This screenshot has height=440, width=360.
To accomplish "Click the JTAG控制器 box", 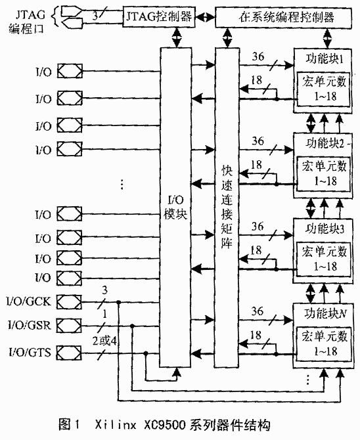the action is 159,17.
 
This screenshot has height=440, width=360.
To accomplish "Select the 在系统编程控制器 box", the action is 283,17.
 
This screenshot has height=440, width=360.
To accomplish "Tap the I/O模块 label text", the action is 175,208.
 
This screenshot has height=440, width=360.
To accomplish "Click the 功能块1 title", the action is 325,59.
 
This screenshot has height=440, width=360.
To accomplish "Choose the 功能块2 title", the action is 325,143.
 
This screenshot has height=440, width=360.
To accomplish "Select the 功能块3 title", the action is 325,229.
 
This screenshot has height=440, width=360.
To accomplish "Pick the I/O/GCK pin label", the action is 29,301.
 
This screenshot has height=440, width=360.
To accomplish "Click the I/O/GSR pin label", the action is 30,326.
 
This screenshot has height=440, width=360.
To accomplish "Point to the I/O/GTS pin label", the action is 30,352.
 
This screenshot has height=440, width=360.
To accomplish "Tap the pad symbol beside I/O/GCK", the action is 70,302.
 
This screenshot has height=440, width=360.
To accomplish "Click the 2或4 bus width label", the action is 104,341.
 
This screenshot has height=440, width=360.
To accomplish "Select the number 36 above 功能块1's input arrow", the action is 258,56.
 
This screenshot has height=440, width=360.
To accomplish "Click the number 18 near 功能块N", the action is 256,335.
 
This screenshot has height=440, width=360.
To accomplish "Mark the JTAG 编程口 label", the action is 27,22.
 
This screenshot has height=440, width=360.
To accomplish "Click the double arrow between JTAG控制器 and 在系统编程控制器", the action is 205,17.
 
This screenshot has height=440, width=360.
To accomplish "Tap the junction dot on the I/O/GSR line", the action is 132,326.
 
